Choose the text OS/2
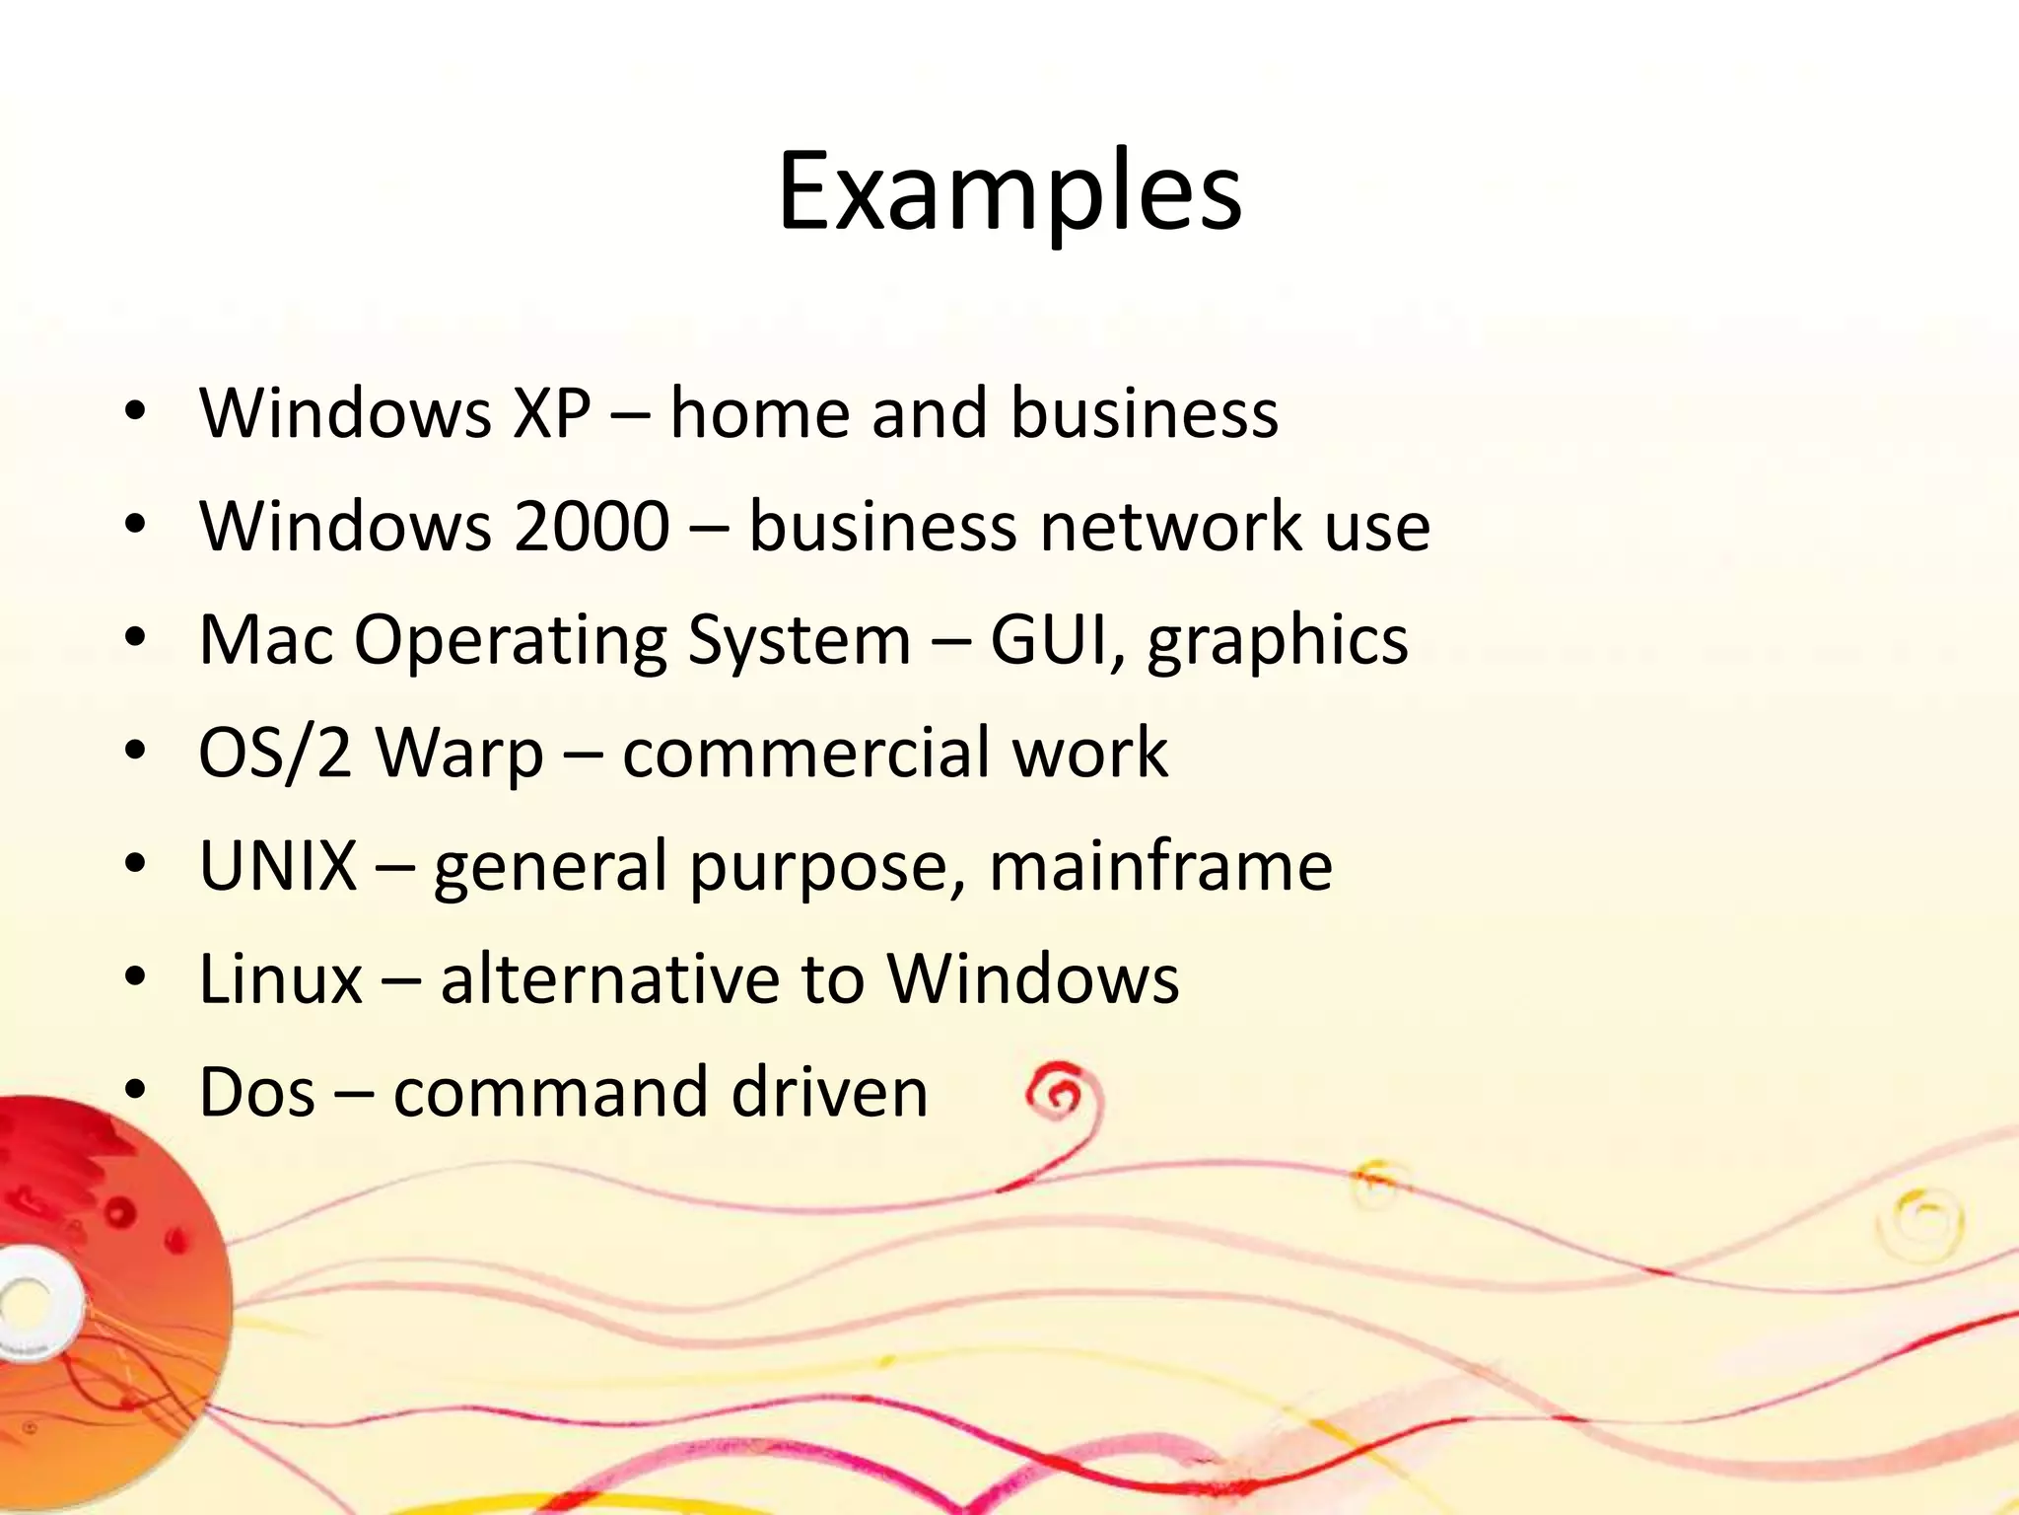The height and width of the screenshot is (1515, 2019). click(x=275, y=754)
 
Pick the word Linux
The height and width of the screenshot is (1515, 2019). click(x=281, y=979)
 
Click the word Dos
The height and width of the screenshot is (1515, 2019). click(x=257, y=1093)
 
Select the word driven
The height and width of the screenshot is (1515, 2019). click(x=829, y=1093)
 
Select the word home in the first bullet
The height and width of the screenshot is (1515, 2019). click(x=759, y=413)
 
